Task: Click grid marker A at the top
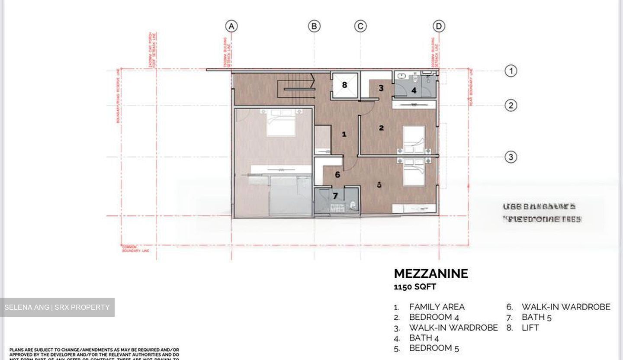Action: coord(232,26)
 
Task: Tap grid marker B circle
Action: coord(314,26)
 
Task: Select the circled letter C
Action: coord(360,26)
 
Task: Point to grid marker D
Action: coord(439,26)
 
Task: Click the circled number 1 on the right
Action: coord(511,71)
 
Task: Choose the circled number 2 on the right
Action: coord(511,106)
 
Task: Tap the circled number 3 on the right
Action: coord(511,157)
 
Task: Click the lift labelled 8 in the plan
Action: coord(344,85)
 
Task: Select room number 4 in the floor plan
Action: coord(414,90)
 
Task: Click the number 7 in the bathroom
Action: coord(335,196)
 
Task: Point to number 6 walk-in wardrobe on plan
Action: coord(337,175)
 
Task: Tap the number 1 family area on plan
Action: coord(344,134)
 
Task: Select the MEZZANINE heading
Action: coord(430,273)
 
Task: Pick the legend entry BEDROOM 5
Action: coord(434,348)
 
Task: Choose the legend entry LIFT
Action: coord(530,328)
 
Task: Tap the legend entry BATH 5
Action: coord(536,318)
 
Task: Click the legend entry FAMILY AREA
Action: coord(437,307)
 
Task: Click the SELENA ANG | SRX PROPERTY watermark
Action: coord(57,307)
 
